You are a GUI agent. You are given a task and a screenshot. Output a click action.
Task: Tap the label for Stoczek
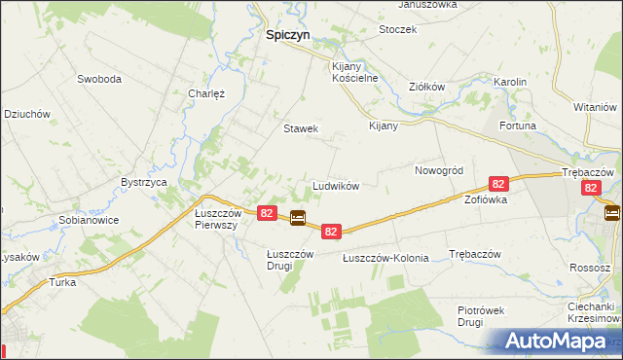[x=397, y=29]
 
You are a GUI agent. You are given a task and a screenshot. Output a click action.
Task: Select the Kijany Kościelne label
[x=352, y=71]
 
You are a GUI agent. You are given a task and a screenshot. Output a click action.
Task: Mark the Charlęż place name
[x=206, y=94]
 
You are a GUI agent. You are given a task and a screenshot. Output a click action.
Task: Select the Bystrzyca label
[x=144, y=182]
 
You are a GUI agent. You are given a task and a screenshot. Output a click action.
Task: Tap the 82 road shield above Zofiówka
[x=498, y=183]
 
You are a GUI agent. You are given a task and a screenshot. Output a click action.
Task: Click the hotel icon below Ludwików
[x=299, y=218]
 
